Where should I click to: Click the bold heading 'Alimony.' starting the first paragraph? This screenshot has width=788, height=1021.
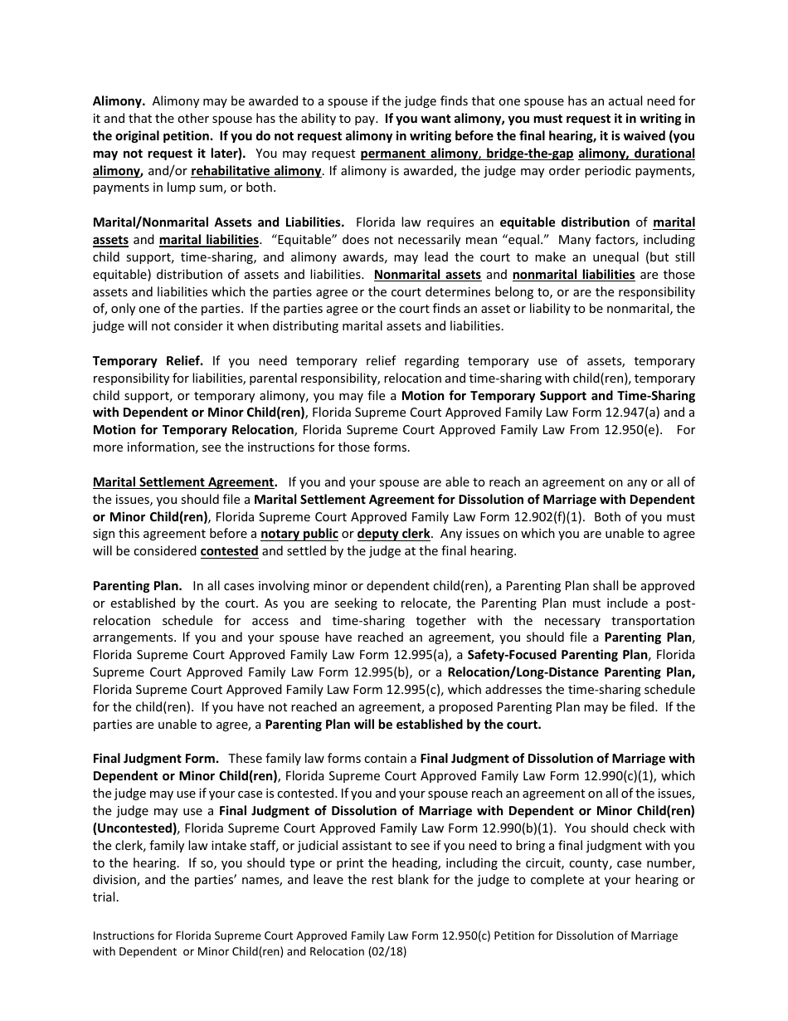point(119,101)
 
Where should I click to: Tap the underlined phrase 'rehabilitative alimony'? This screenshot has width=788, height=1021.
point(256,171)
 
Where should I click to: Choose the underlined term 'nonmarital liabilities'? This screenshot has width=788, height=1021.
point(573,275)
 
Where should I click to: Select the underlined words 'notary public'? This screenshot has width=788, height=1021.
point(299,534)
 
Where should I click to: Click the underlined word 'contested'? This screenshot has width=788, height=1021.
point(230,551)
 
